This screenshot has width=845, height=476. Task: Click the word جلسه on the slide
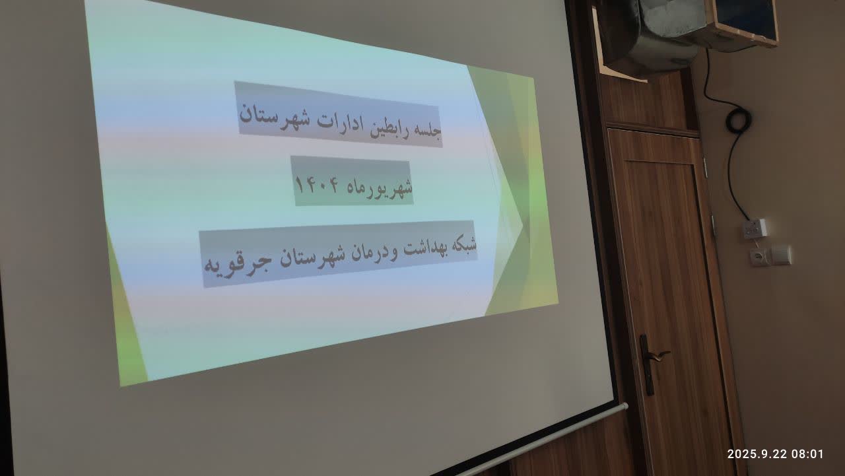[427, 131]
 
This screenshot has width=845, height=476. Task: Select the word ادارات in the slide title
[339, 121]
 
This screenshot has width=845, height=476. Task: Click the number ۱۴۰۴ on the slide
[318, 185]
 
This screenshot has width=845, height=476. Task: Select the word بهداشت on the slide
[422, 248]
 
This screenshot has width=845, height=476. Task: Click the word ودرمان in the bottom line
[374, 253]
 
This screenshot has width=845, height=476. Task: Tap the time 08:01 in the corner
[807, 454]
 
